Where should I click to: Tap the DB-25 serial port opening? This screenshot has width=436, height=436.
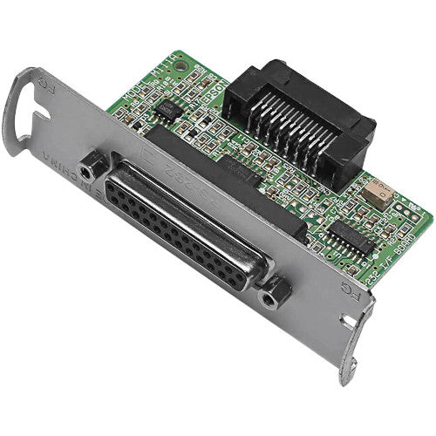click(x=201, y=228)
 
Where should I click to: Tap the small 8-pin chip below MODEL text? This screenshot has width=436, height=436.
click(x=166, y=108)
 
